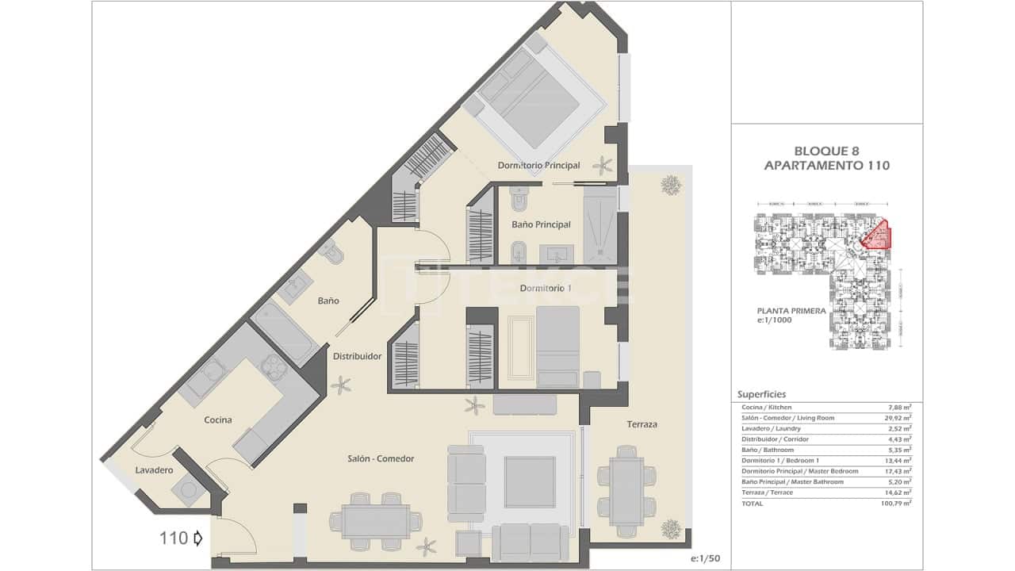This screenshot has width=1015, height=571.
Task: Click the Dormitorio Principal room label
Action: tap(538, 166)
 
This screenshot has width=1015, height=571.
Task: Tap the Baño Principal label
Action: tap(541, 224)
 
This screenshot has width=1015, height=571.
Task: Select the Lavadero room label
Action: tap(154, 470)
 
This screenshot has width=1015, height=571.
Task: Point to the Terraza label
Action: tap(641, 424)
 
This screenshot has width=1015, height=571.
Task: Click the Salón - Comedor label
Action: tap(381, 458)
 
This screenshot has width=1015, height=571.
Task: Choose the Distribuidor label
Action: tap(357, 356)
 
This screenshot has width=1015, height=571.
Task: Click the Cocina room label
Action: tap(217, 420)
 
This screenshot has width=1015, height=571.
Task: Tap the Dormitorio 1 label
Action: tap(546, 288)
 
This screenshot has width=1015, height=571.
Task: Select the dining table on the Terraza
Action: tap(626, 485)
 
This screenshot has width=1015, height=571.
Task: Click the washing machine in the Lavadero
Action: tap(189, 490)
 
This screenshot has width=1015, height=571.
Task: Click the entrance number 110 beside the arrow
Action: tap(174, 538)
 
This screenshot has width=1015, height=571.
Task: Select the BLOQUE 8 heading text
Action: tap(826, 151)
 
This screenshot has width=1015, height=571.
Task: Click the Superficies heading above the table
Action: tap(761, 394)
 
